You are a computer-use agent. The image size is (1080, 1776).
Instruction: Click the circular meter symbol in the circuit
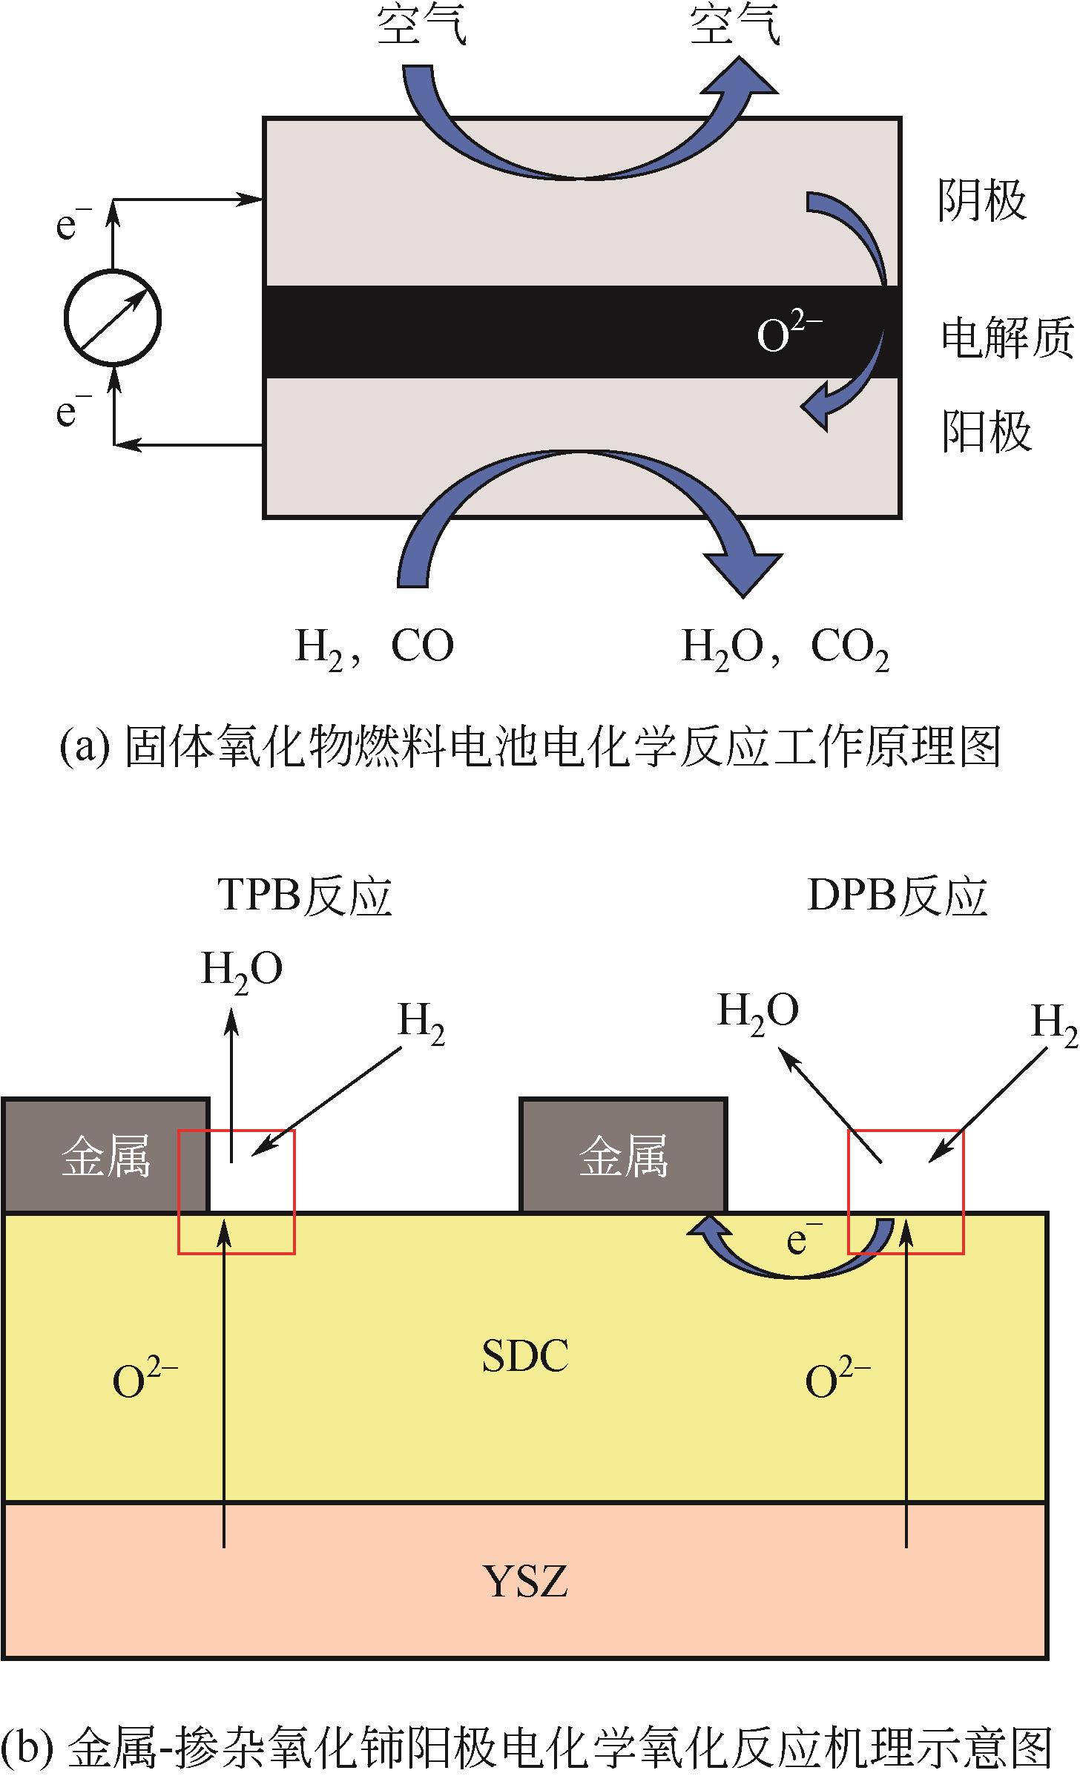click(113, 318)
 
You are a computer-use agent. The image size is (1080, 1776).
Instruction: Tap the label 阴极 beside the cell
click(982, 200)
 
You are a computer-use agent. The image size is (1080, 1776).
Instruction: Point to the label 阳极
click(986, 432)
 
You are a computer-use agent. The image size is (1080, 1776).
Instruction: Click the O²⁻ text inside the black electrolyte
click(788, 335)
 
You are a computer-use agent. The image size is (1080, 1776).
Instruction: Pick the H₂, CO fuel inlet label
click(375, 647)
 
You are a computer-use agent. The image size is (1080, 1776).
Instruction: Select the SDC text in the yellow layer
click(525, 1356)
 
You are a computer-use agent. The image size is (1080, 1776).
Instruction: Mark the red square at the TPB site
click(237, 1191)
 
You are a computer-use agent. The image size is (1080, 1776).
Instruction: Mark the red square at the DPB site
click(906, 1191)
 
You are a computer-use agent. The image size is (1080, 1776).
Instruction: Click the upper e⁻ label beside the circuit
click(74, 226)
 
